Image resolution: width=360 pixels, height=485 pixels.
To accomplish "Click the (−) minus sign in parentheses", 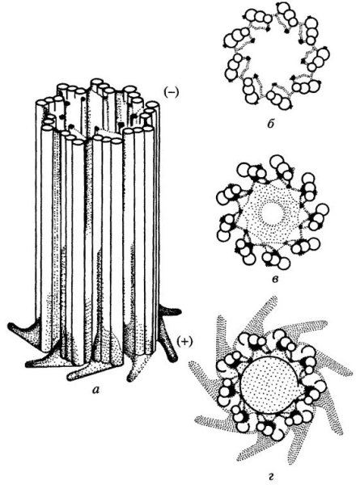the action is pos(172,92).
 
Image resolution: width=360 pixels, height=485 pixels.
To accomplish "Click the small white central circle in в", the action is pos(272,213).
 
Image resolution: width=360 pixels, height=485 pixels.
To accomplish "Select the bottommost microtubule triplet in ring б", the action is pos(277,98).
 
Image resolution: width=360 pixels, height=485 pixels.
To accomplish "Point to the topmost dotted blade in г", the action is pos(267,312).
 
